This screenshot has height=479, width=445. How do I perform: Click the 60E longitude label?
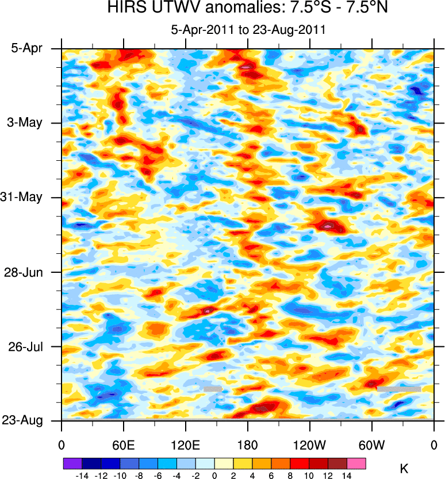point(123,444)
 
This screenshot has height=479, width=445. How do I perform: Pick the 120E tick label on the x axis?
point(185,444)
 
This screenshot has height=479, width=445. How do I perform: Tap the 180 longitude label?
point(248,444)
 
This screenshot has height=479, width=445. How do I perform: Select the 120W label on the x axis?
point(310,444)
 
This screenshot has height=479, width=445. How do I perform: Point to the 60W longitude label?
point(372,444)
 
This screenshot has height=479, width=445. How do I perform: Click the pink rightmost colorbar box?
point(356,462)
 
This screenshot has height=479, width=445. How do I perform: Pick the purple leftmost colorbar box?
point(72,462)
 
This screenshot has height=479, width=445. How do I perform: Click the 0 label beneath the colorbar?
point(214,475)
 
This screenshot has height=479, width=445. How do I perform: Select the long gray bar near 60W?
point(399,389)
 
